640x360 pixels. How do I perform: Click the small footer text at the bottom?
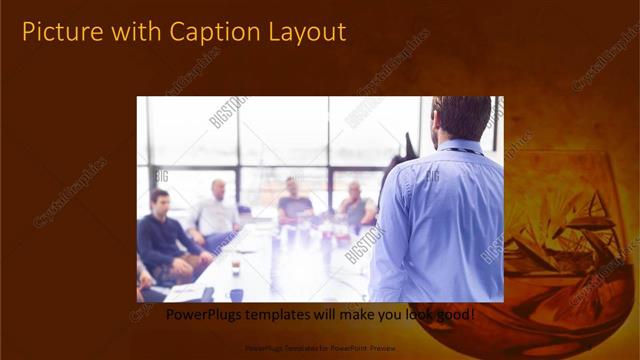(x=320, y=349)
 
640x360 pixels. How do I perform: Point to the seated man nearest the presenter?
(x=356, y=205)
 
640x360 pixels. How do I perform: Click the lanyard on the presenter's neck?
(x=462, y=151)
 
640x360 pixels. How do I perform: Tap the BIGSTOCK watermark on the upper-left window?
(x=227, y=112)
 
